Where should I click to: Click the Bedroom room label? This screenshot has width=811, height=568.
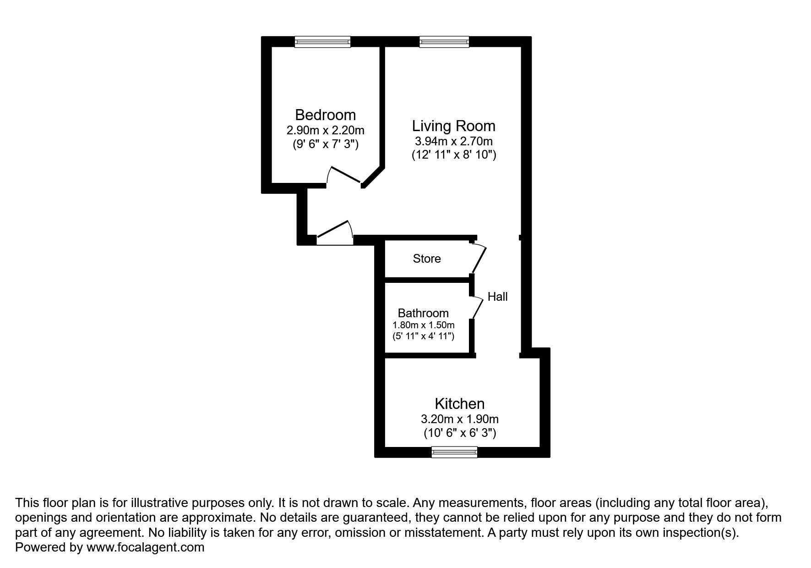[325, 115]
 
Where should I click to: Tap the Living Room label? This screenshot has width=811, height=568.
[453, 126]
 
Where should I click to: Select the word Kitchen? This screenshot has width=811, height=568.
[459, 404]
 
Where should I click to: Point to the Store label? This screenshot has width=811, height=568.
[427, 259]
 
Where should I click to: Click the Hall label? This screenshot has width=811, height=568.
[497, 297]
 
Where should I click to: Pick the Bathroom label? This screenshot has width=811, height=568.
[423, 313]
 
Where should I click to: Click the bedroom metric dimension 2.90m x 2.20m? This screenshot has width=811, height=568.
[325, 131]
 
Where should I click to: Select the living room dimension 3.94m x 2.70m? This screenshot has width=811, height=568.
[453, 141]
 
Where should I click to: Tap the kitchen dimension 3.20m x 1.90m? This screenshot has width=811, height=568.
[459, 419]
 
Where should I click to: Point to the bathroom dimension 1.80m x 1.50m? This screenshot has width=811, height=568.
[423, 325]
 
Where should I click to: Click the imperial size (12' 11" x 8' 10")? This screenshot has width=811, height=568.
[453, 154]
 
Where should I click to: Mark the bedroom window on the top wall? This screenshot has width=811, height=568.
[322, 42]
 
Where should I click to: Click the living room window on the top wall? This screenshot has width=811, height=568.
[444, 42]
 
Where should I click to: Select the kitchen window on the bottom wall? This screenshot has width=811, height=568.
[454, 452]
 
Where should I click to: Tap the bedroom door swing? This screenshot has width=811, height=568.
[345, 176]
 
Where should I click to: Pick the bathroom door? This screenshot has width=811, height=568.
[477, 306]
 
